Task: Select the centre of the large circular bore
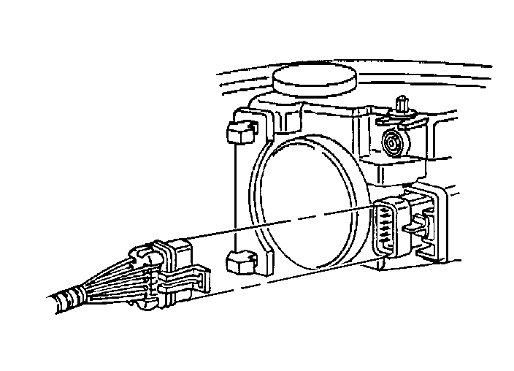[x=307, y=201]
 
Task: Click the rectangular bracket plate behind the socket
[x=438, y=219]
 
